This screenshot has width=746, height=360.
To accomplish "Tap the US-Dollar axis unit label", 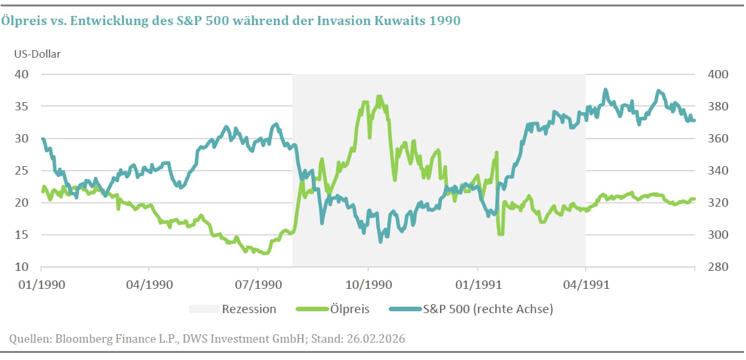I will [x=38, y=54].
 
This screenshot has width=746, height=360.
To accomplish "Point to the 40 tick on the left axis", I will [x=22, y=74].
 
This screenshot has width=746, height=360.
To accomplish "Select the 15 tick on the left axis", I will [x=22, y=234].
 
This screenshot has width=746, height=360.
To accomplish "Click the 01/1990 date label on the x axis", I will [x=41, y=282].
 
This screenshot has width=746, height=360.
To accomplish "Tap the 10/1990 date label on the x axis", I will [x=368, y=282].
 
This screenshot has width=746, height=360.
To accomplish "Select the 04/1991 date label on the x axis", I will [x=585, y=282].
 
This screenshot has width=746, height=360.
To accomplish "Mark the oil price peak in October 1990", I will [x=379, y=97].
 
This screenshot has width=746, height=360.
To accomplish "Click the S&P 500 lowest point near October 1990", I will [x=380, y=241].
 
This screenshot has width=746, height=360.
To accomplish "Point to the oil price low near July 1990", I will [x=264, y=253].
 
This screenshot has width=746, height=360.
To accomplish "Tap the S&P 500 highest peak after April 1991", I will [x=605, y=90].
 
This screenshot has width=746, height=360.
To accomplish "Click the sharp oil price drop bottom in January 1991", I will [x=500, y=234].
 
